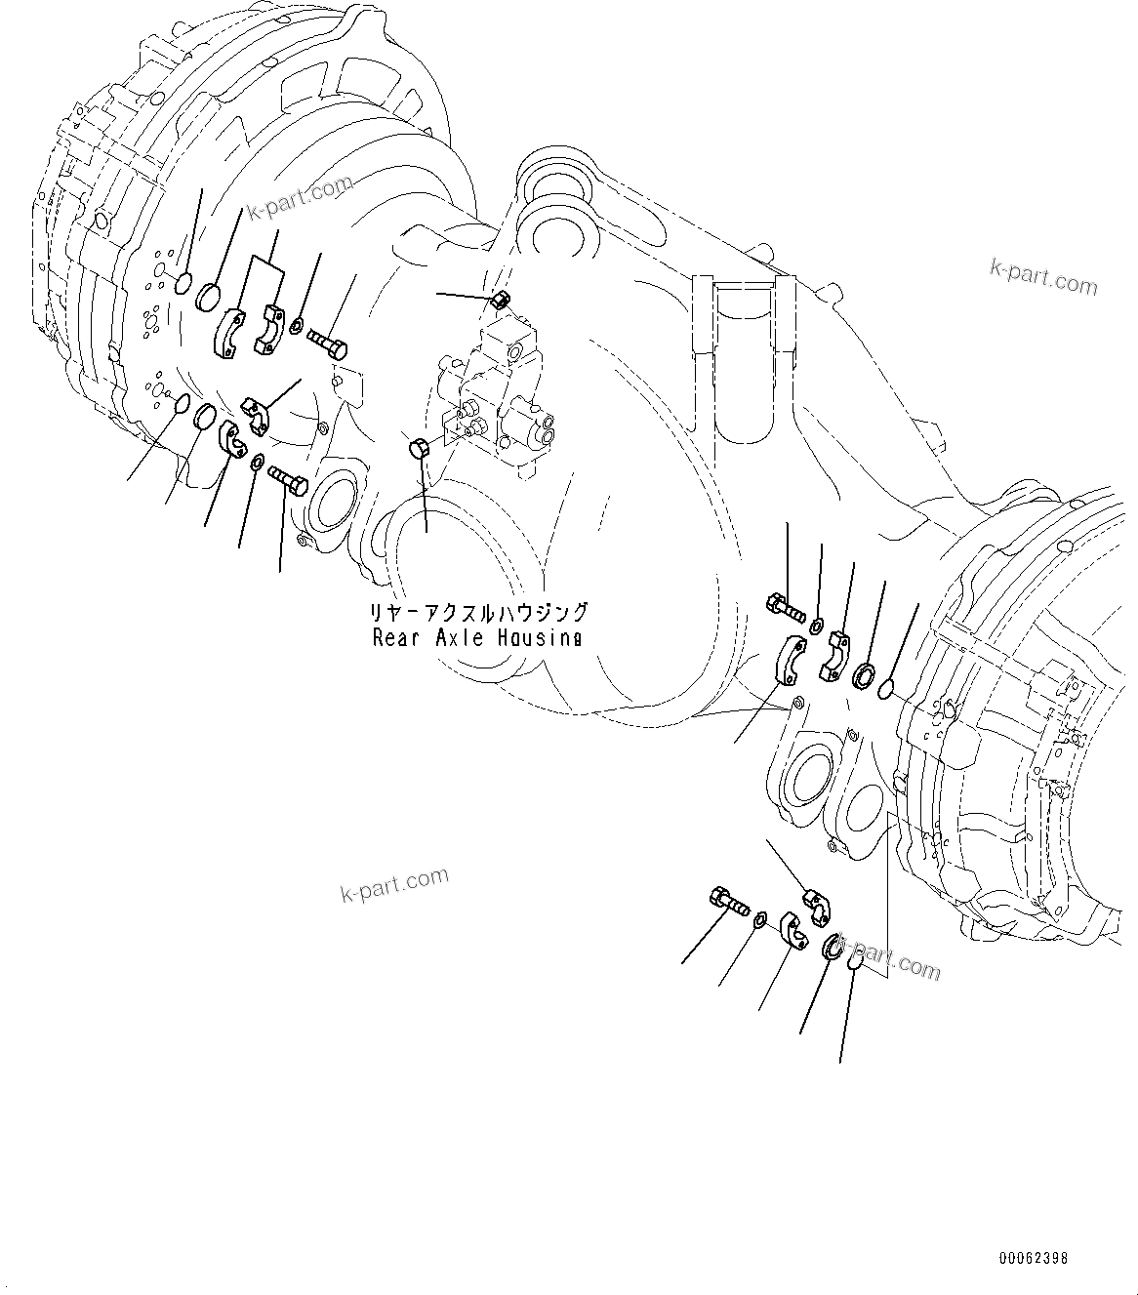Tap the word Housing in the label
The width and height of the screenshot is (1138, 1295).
[543, 638]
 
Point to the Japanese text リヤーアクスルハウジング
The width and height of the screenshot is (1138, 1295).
[478, 613]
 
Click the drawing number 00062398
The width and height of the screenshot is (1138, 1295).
[1033, 1258]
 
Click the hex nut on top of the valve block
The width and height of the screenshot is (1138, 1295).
[500, 299]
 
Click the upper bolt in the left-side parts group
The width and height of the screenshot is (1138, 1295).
[327, 342]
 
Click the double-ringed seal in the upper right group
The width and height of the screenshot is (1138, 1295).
[864, 675]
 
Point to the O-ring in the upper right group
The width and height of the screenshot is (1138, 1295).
[888, 690]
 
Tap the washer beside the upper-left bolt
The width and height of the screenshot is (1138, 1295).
[298, 324]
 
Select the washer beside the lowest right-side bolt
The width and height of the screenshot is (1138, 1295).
[760, 919]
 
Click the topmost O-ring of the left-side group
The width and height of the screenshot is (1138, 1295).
[182, 285]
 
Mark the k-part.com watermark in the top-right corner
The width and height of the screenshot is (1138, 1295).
[1043, 276]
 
